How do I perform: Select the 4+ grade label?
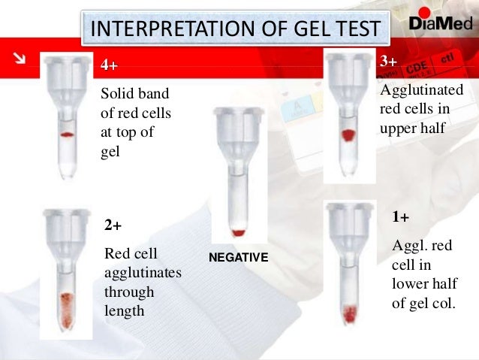coord(109,65)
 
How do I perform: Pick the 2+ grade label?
coord(113,225)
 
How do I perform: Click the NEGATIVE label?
coord(238,258)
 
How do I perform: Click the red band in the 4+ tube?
coord(67,135)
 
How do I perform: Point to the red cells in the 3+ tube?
coord(348,136)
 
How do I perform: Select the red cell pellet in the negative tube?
coord(239,231)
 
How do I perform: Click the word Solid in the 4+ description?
coord(116,95)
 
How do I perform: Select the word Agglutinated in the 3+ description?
coord(423,90)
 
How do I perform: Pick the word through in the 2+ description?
coord(129,292)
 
